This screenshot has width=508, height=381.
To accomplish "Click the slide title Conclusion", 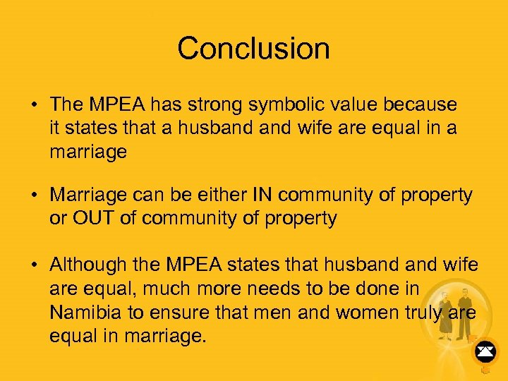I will [x=253, y=49].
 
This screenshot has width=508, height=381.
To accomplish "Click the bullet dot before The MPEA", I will [x=34, y=105].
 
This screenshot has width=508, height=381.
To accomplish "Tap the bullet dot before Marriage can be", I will [x=34, y=195].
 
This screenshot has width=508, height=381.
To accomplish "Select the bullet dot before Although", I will [x=34, y=265].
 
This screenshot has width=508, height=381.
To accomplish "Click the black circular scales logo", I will [x=485, y=349].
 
